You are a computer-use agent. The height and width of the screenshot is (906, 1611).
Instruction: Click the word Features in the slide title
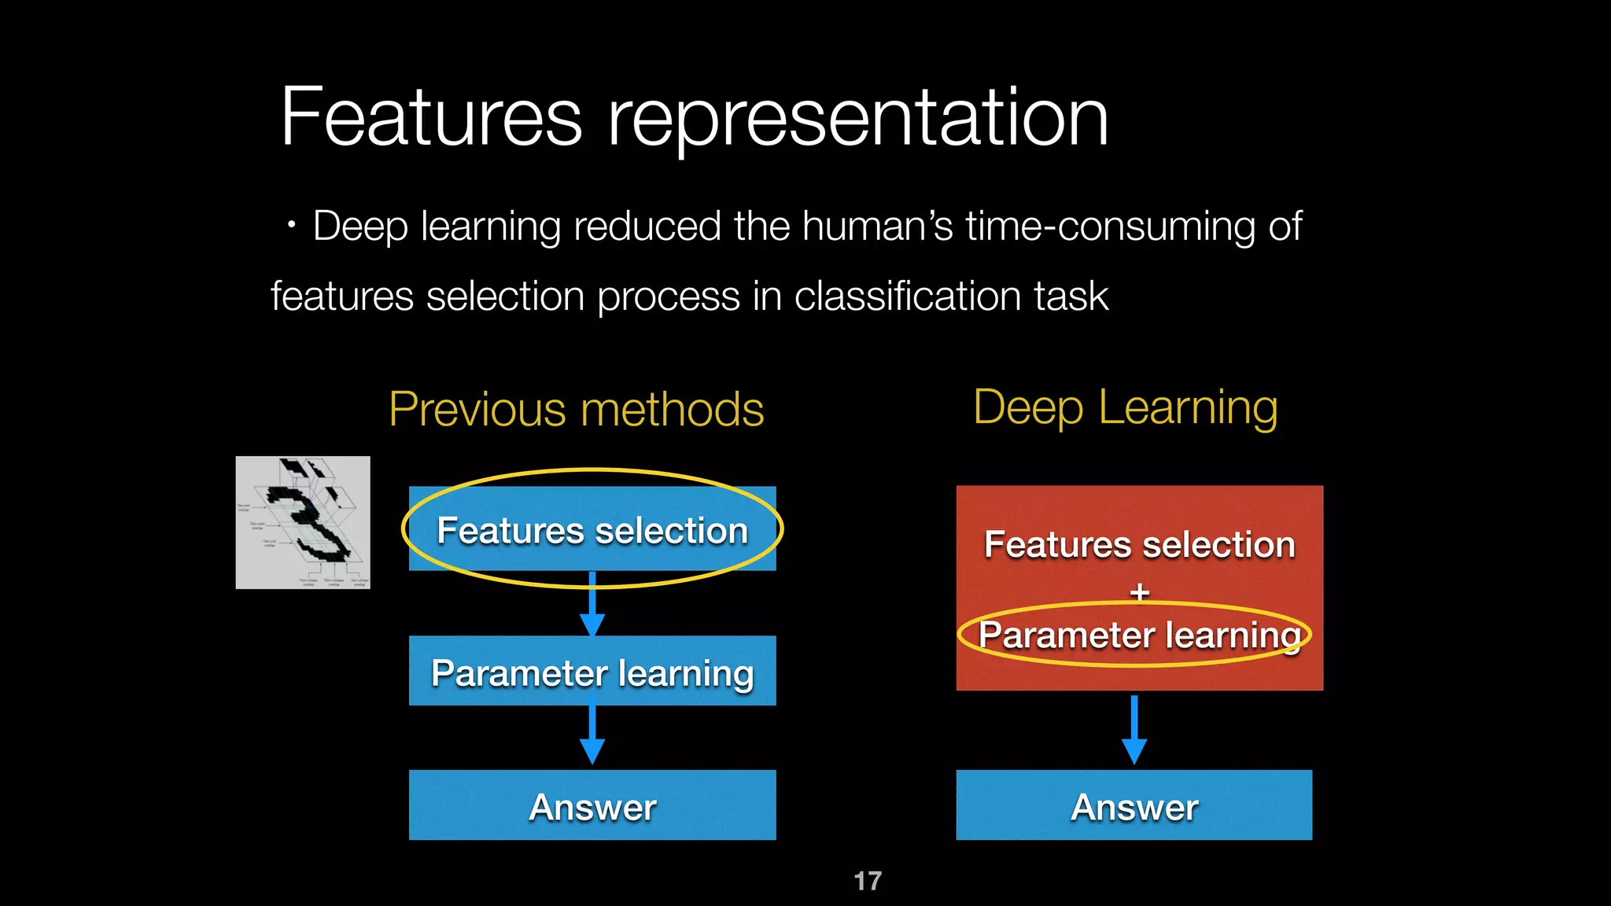tap(431, 118)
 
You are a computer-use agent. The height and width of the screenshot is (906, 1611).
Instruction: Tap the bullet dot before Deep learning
tap(292, 226)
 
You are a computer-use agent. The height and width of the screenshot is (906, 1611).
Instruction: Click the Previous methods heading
tap(576, 410)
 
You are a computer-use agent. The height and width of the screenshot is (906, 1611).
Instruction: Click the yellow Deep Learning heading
tap(1125, 407)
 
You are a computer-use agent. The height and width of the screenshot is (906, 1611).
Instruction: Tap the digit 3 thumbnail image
tap(303, 522)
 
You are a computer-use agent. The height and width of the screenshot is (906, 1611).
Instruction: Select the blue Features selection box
tap(592, 529)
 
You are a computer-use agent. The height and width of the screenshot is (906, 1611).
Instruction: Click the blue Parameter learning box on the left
tap(592, 672)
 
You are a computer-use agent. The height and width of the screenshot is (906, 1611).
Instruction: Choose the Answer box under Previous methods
tap(592, 806)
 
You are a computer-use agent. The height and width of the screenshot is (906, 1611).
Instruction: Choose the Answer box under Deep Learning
tap(1134, 806)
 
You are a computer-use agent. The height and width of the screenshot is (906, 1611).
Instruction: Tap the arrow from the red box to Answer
tap(1134, 730)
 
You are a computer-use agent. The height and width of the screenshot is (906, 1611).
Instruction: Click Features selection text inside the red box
tap(1139, 544)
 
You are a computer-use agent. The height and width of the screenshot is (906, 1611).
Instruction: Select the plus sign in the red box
tap(1140, 591)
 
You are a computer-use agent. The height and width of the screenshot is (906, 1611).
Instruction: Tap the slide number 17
tap(868, 881)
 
